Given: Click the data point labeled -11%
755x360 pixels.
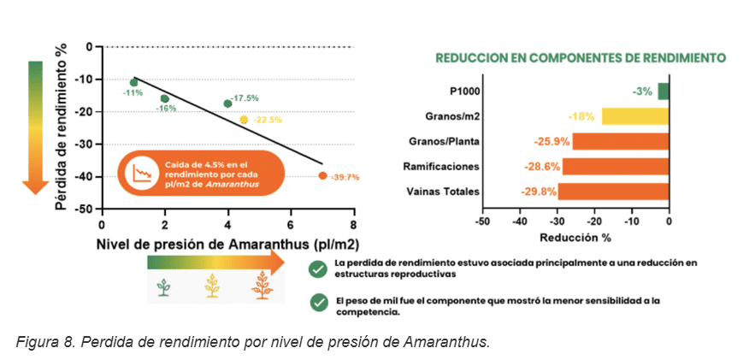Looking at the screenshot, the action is (x=134, y=83).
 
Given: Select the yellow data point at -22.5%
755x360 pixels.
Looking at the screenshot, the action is (x=244, y=120).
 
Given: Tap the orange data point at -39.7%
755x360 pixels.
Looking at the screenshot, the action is (x=322, y=175).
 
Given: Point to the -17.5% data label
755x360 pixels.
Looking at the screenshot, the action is (x=245, y=98).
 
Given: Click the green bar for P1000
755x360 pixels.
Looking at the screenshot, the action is (x=664, y=91).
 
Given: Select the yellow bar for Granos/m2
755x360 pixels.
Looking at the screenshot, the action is (x=635, y=116).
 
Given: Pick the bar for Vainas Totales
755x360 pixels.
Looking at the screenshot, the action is (x=614, y=192).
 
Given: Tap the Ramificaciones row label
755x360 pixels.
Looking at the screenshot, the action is (x=441, y=167).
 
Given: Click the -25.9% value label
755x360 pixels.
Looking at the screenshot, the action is (x=552, y=142).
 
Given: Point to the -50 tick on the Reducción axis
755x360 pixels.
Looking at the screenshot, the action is (x=483, y=221).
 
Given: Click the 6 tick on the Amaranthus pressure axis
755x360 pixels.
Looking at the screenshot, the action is (x=292, y=225).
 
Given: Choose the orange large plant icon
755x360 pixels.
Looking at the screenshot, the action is (x=262, y=286).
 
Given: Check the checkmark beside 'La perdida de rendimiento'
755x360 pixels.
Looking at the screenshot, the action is (x=318, y=269).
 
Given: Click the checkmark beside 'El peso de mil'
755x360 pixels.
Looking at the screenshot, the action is (x=318, y=304).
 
